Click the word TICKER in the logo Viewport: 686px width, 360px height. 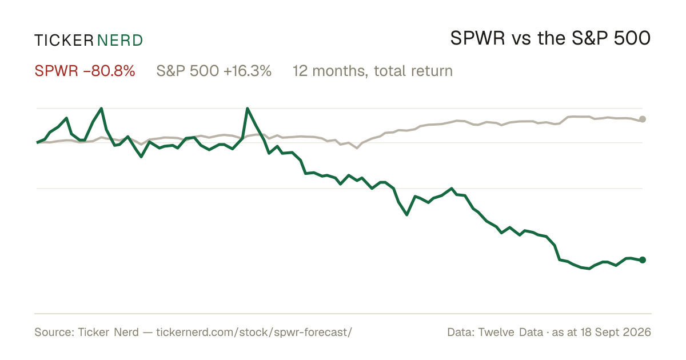tap(63, 41)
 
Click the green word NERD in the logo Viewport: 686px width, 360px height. tap(120, 41)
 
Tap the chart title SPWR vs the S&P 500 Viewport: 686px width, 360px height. tap(551, 38)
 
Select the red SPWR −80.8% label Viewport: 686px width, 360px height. tap(85, 71)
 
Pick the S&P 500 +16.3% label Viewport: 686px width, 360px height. tap(214, 71)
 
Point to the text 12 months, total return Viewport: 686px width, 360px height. tap(373, 71)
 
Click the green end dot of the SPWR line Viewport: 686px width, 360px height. tap(643, 260)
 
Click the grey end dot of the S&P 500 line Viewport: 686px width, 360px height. tap(643, 119)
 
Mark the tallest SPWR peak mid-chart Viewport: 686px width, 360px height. tap(247, 109)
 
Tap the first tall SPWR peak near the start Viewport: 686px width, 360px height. tap(101, 109)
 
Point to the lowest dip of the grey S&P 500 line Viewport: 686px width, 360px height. tap(357, 148)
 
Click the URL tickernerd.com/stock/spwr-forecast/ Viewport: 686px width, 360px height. tap(254, 332)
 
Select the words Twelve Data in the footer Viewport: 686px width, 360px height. tap(510, 332)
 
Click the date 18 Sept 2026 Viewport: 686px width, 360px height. tap(616, 332)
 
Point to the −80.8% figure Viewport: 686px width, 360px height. tap(109, 71)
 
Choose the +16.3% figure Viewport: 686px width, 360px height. tap(248, 71)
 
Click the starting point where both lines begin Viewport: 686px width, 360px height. tap(37, 143)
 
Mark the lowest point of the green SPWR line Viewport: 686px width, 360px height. tap(589, 269)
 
